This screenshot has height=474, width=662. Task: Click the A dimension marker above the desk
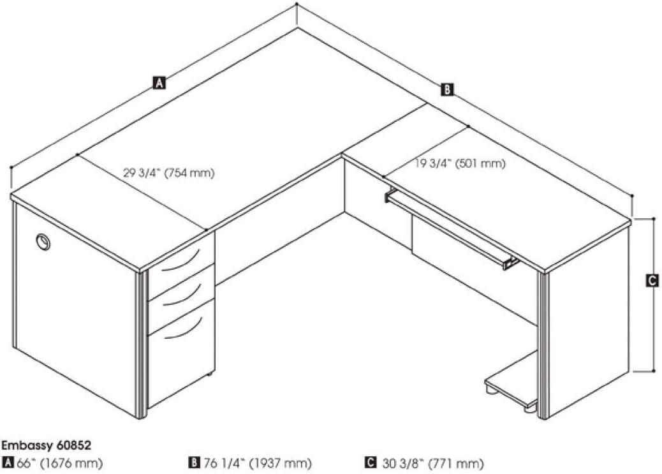pos(159,82)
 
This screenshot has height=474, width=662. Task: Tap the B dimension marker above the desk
pos(447,89)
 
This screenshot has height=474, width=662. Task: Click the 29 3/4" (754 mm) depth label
pos(169,173)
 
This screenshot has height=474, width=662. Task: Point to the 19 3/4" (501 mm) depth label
pos(460,163)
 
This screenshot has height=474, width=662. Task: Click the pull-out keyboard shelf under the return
pos(450,228)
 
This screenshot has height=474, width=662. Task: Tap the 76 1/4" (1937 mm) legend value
pos(258,463)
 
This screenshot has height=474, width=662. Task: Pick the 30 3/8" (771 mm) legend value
pos(433,463)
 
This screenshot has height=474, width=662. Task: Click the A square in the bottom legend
pos(8,463)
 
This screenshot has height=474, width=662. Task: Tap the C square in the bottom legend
pos(370,463)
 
